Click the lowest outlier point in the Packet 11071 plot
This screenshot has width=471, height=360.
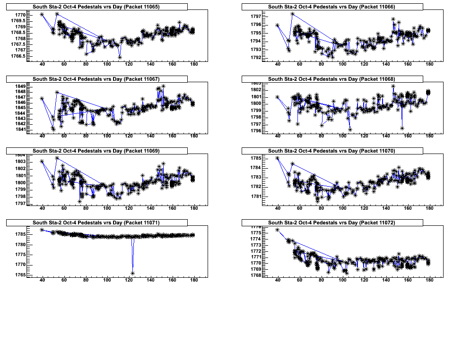[x=133, y=274]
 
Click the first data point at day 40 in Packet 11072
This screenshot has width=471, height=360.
[x=277, y=230]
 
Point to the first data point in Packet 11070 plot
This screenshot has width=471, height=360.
[x=277, y=158]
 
